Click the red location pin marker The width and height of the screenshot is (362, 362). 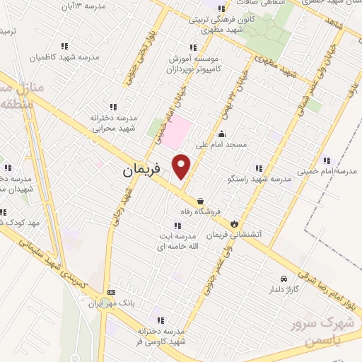pos(182,165)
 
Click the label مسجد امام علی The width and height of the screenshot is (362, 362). pos(222,144)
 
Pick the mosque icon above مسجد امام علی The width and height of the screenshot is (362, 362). pos(222,134)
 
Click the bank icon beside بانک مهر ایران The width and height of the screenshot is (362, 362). pos(111,292)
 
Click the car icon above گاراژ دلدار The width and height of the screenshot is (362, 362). pos(284,279)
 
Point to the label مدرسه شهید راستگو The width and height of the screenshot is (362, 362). pos(267,180)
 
